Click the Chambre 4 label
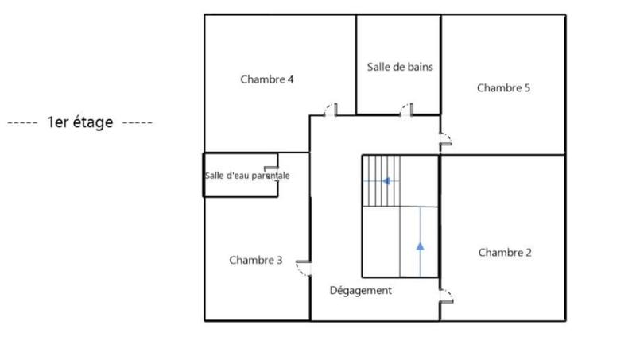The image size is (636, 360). pyautogui.click(x=267, y=79)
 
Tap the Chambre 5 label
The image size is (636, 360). pyautogui.click(x=503, y=87)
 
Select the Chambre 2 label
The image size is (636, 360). pyautogui.click(x=505, y=252)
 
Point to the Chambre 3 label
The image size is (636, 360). pyautogui.click(x=255, y=260)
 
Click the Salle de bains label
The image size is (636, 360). pyautogui.click(x=400, y=67)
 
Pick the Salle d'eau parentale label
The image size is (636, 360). pyautogui.click(x=246, y=176)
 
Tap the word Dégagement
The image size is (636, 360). pyautogui.click(x=360, y=290)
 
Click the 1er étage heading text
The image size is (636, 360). pyautogui.click(x=79, y=122)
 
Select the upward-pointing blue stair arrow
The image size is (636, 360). pyautogui.click(x=420, y=246)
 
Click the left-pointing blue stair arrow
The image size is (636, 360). pyautogui.click(x=386, y=181)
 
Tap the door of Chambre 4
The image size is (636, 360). pyautogui.click(x=334, y=110)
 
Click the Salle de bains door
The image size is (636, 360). pyautogui.click(x=406, y=110)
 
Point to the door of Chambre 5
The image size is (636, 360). pyautogui.click(x=445, y=141)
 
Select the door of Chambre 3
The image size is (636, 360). pyautogui.click(x=302, y=267)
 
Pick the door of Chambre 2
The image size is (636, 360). pyautogui.click(x=446, y=296)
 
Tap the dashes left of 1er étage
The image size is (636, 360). pyautogui.click(x=22, y=123)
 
